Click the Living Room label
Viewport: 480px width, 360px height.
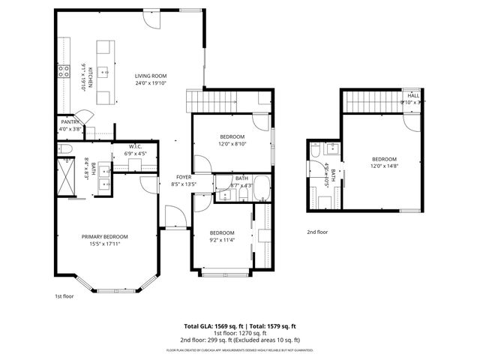tap(150, 76)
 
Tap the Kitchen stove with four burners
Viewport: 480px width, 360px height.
tap(62, 73)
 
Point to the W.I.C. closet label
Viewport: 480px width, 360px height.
tap(136, 146)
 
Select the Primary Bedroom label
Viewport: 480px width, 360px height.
tap(105, 236)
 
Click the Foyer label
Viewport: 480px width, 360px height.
tap(184, 177)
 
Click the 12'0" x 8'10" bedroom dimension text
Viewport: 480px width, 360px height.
tap(232, 143)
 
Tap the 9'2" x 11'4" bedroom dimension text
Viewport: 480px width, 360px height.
tap(222, 240)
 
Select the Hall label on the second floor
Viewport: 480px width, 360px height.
tap(413, 96)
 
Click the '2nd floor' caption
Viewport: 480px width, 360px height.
tap(317, 232)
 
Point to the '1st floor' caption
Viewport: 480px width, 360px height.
tap(64, 296)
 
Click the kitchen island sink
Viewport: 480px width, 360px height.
tap(104, 73)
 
